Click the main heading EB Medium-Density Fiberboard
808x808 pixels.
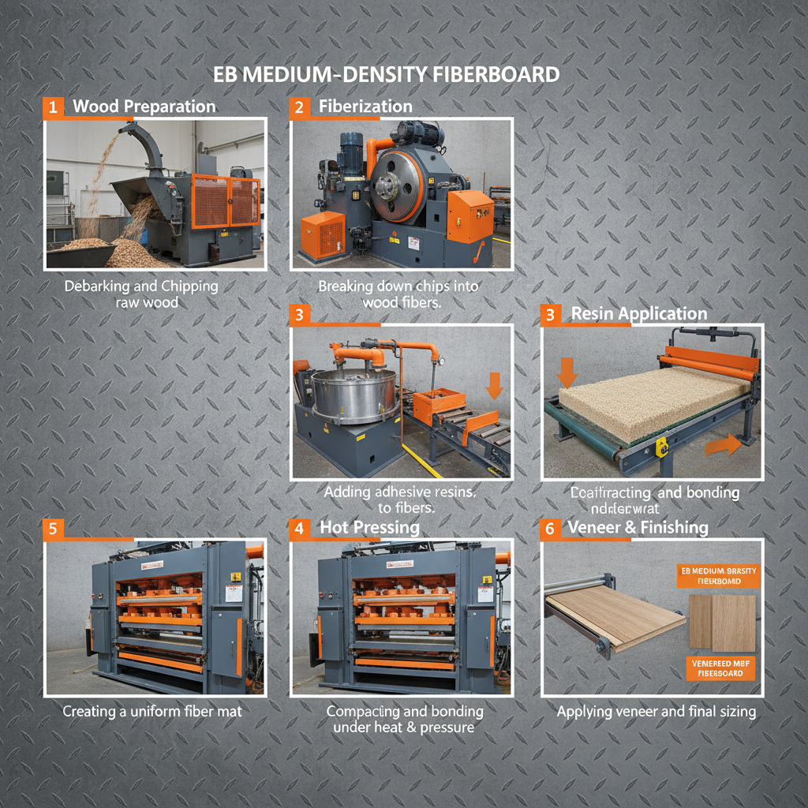[x=387, y=75]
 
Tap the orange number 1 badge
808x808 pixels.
[x=52, y=107]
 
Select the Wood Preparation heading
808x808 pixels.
[x=144, y=107]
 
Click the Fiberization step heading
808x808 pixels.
[x=365, y=107]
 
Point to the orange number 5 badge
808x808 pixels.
[x=52, y=529]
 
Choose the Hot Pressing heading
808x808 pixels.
[x=369, y=527]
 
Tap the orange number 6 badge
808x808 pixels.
[x=550, y=528]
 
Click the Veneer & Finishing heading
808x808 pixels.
[x=638, y=527]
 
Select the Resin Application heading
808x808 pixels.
[x=639, y=313]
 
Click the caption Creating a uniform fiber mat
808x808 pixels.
[x=152, y=711]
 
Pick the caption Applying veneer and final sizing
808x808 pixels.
[x=656, y=711]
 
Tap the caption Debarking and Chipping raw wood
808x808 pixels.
[x=141, y=294]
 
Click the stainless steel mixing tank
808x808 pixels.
[x=344, y=387]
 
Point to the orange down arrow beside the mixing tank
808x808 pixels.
[x=494, y=386]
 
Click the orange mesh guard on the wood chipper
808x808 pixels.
[x=224, y=201]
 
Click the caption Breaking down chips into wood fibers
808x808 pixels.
[x=398, y=294]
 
